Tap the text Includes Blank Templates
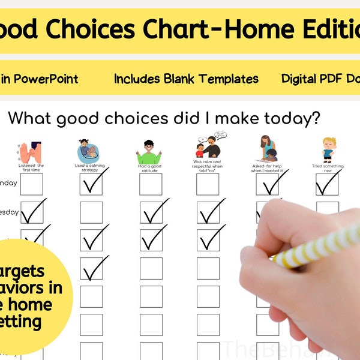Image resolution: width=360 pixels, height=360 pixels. point(186,79)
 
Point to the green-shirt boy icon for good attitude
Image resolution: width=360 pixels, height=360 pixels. point(149,152)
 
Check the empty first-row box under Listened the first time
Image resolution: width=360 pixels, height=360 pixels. point(31,184)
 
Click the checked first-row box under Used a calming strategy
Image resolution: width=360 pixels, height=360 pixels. point(91,184)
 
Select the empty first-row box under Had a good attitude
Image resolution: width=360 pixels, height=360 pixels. point(151,184)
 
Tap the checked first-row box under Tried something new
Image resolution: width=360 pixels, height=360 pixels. point(328,184)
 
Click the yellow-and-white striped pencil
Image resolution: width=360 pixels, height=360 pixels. point(318,246)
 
